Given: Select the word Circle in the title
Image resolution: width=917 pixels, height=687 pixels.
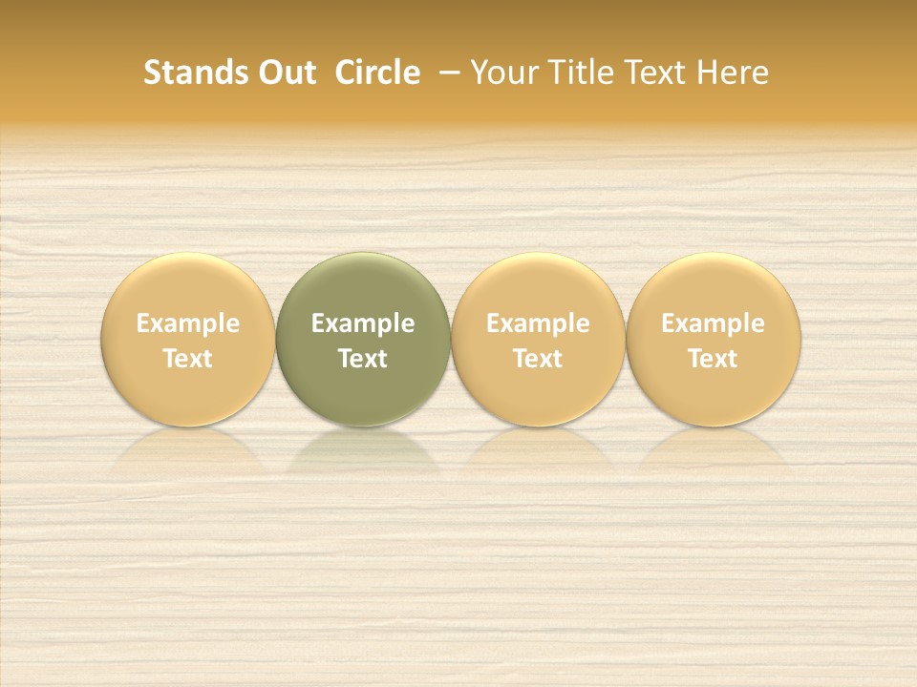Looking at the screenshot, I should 377,73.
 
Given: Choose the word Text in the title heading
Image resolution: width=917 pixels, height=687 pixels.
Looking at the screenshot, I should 651,73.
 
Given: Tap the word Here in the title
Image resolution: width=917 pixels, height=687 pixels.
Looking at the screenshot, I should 733,73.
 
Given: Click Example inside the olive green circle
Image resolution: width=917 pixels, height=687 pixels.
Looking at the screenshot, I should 363,323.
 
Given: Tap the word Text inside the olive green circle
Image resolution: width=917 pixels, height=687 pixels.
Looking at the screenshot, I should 363,359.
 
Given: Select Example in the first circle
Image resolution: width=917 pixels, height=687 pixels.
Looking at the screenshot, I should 187,323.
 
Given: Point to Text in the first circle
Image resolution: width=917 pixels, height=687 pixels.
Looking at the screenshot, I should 187,359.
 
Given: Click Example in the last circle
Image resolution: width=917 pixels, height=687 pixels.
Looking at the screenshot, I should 714,323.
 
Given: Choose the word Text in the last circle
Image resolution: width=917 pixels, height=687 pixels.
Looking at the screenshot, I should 714,359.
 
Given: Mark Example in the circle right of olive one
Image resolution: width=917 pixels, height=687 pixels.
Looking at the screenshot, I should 538,323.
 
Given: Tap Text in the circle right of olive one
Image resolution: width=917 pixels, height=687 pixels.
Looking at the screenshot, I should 538,359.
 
